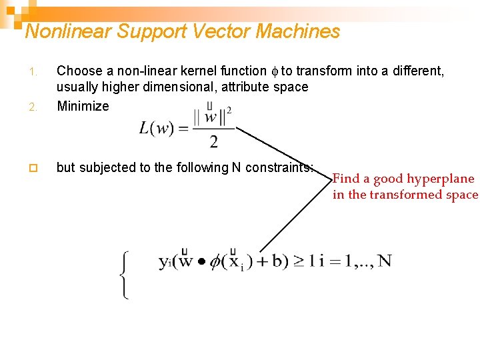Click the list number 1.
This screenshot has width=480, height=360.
pos(39,71)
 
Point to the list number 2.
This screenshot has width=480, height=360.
pos(39,107)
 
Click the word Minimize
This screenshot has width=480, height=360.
pos(83,106)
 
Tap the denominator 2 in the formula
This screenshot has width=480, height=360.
pos(213,141)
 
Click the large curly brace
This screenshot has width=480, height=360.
pos(125,275)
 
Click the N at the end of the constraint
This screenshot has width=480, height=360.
pos(383,261)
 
